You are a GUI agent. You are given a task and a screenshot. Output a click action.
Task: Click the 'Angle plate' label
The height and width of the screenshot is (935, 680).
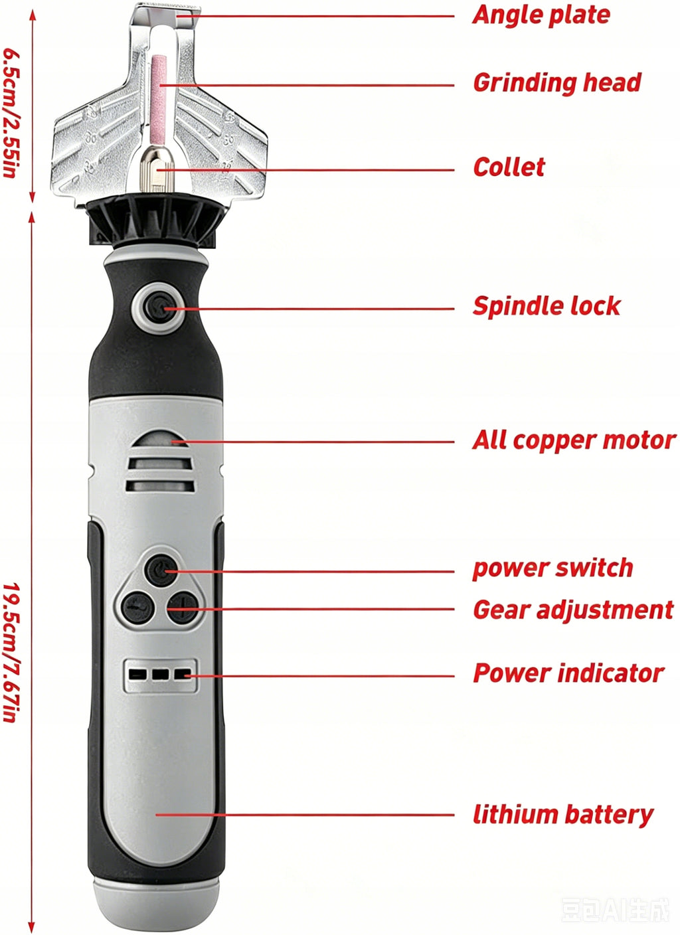[x=541, y=16]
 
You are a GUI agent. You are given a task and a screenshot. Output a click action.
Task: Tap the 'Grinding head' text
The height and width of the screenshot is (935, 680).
[x=557, y=83]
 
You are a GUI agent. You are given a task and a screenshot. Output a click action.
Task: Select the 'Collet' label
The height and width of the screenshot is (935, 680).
[x=509, y=167]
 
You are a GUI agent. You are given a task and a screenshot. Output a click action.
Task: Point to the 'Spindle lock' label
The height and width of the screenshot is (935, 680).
[x=547, y=306]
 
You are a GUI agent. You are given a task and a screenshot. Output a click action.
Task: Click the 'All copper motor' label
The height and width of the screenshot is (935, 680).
[x=574, y=441]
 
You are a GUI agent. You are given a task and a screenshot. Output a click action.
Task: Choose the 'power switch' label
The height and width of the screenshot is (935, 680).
[x=552, y=568]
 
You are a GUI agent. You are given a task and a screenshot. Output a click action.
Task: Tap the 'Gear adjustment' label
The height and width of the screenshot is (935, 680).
[x=573, y=611]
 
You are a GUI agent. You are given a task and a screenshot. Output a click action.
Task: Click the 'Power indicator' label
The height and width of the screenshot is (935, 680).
[x=568, y=673]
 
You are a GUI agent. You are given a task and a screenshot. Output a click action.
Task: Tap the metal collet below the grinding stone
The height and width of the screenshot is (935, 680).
[x=157, y=171]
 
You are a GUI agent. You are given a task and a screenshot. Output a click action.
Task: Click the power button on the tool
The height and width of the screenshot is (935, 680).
[x=161, y=570]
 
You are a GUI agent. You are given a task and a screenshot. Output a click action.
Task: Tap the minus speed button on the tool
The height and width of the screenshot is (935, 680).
[x=137, y=608]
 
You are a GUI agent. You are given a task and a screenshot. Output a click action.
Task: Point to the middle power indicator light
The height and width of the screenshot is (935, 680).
[x=160, y=674]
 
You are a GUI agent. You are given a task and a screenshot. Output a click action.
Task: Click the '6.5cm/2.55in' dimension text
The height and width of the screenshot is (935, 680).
[x=11, y=113]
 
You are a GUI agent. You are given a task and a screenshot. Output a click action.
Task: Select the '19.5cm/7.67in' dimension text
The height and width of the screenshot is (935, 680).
[x=11, y=715]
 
